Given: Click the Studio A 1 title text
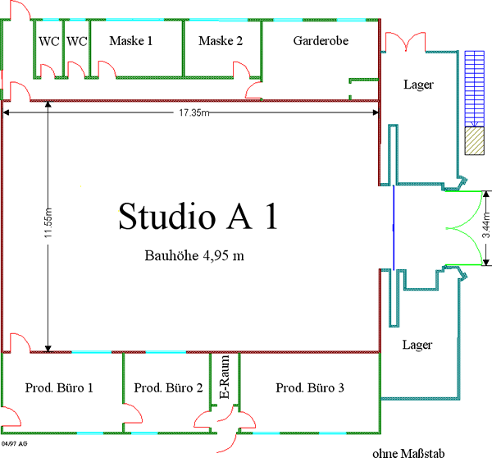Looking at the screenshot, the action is (198, 217).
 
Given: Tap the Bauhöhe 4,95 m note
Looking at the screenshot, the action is (194, 255).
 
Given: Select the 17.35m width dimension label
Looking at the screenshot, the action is (194, 112).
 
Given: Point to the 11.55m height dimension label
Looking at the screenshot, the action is (48, 222).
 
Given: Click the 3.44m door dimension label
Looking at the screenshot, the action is (485, 225).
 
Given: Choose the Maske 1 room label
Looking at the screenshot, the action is (131, 41).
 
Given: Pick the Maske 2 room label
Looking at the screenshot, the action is (221, 41).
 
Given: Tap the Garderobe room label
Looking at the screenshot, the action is (321, 41).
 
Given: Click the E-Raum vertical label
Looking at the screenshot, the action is (225, 377).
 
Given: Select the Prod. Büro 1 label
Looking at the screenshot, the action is (59, 387).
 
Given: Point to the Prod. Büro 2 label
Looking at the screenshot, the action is (168, 387).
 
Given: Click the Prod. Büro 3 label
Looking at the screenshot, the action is (310, 387).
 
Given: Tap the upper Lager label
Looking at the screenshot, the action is (418, 85).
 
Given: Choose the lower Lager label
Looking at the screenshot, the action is (417, 346).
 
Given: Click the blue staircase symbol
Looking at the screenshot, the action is (475, 89).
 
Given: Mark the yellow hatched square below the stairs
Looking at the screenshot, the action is (475, 140).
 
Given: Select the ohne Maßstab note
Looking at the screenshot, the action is (408, 453).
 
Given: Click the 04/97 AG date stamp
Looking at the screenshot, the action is (15, 443).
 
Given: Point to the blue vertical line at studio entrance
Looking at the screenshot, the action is (394, 227).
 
